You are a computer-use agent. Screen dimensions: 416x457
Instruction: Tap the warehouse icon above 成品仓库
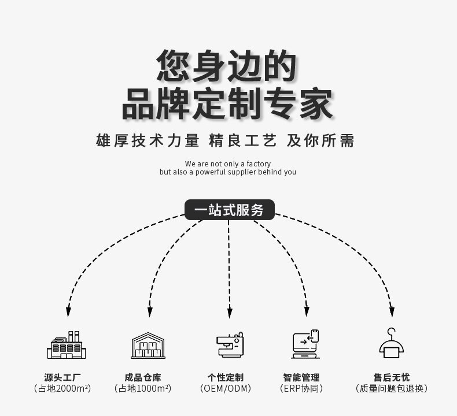[x=148, y=346]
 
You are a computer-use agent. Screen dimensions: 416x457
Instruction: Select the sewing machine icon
[x=229, y=345]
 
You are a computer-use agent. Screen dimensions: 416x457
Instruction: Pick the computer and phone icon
[x=305, y=344]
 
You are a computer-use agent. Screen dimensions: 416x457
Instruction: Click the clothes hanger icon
[x=392, y=343]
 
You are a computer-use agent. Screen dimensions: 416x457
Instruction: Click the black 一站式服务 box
[x=229, y=210]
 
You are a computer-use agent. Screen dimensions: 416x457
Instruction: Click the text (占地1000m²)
[x=143, y=389]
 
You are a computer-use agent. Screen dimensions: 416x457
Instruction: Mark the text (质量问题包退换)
[x=392, y=389]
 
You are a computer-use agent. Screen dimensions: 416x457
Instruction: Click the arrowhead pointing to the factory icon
[x=68, y=312]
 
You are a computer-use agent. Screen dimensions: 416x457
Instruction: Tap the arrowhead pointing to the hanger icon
[x=392, y=312]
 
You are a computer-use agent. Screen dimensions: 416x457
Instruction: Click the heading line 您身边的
[x=227, y=66]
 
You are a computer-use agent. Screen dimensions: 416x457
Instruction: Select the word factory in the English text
[x=258, y=164]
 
